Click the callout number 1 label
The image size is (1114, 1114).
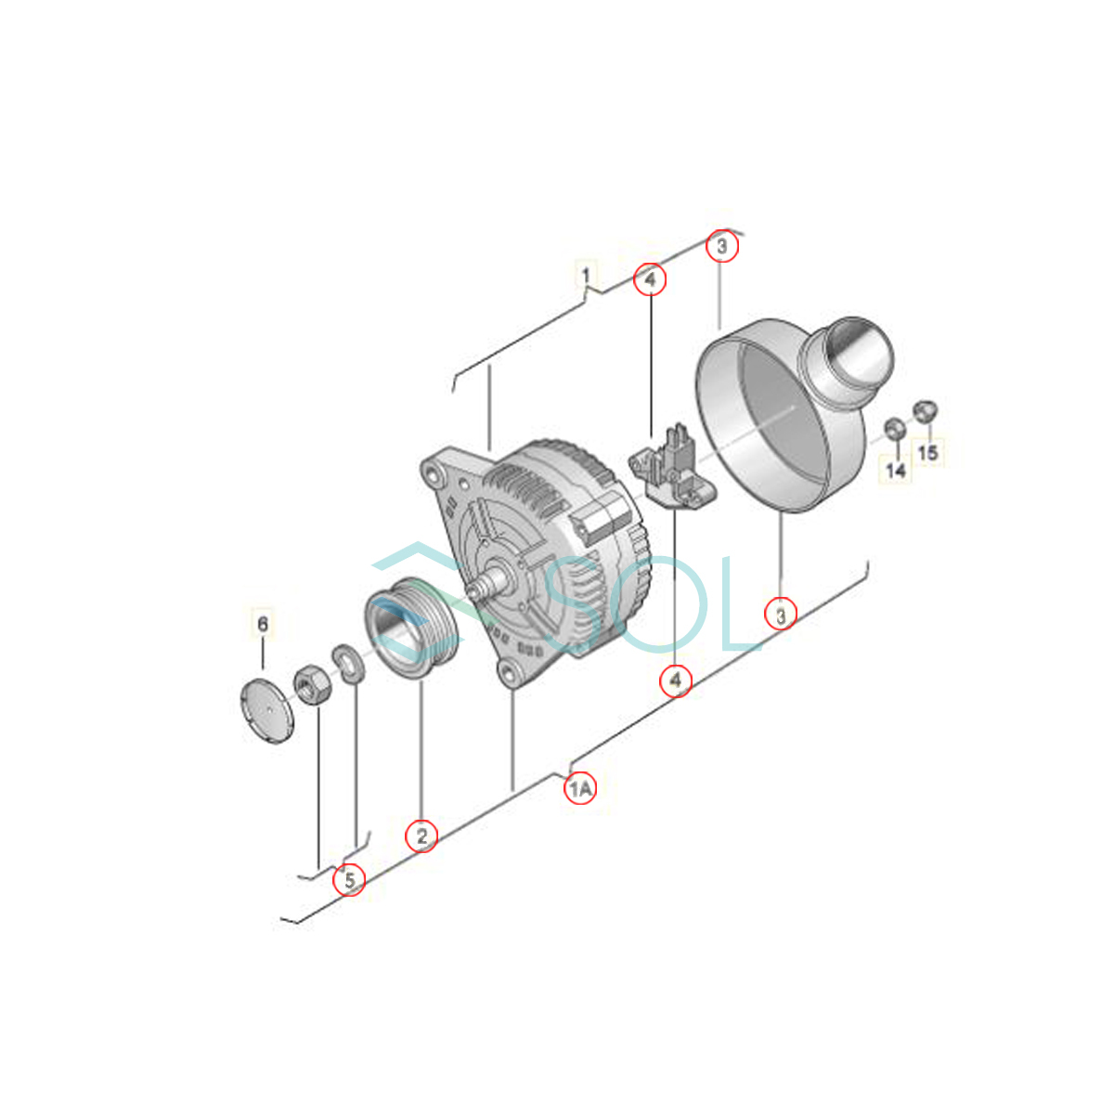(x=586, y=275)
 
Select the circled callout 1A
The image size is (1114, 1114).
(x=580, y=788)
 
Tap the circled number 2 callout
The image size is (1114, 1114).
(x=421, y=835)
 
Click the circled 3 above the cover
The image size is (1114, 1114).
(x=722, y=246)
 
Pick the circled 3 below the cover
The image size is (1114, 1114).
(x=781, y=614)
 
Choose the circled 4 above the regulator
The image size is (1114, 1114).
(x=651, y=279)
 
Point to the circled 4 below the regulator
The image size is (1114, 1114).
(x=676, y=681)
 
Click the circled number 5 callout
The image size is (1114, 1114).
(x=349, y=880)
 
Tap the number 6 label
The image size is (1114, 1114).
(x=263, y=625)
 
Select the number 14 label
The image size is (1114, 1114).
(x=896, y=470)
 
